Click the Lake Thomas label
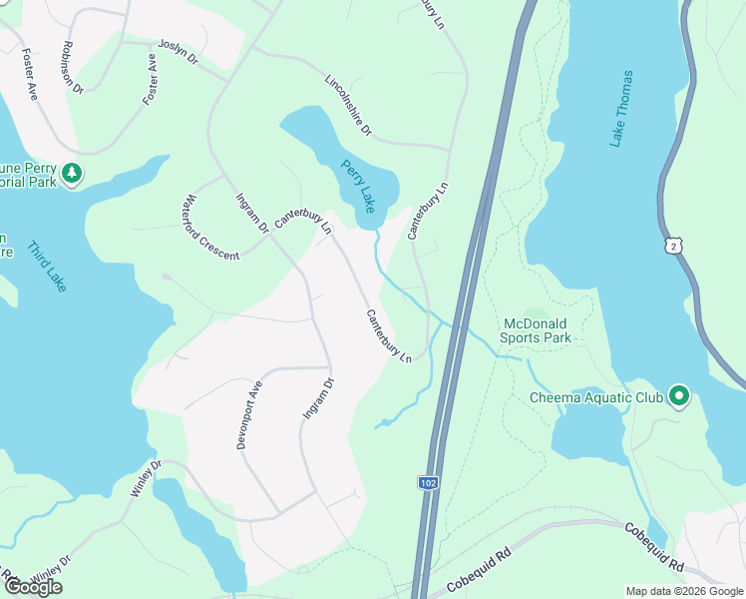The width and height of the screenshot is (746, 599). [x=622, y=109]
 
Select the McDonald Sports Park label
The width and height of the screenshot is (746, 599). [x=537, y=330]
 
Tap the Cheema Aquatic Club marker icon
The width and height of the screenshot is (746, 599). [x=680, y=397]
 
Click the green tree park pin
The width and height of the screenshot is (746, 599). [x=72, y=174]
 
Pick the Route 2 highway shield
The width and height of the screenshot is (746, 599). [x=676, y=244]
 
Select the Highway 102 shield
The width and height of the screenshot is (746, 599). [x=427, y=482]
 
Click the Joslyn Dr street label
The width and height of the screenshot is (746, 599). [x=179, y=53]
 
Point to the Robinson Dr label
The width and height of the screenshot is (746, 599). [x=72, y=65]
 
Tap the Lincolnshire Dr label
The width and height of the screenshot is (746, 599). [x=348, y=104]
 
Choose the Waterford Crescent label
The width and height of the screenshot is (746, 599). [x=211, y=229]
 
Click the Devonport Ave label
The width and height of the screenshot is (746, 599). [x=249, y=414]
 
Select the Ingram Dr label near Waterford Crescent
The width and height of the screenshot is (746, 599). [x=251, y=212]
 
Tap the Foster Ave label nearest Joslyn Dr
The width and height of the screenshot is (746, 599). [x=151, y=79]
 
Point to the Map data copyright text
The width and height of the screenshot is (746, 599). [x=683, y=591]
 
